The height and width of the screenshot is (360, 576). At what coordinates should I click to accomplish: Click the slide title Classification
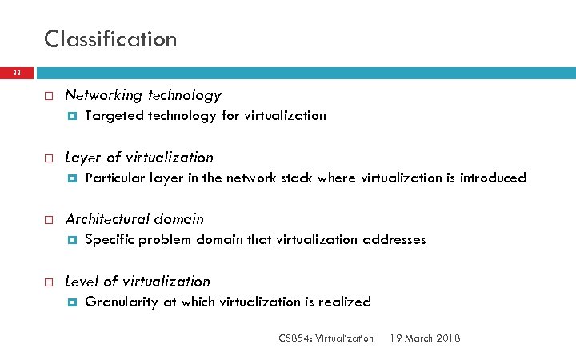pyautogui.click(x=110, y=38)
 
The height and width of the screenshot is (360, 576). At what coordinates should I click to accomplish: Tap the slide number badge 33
pyautogui.click(x=18, y=74)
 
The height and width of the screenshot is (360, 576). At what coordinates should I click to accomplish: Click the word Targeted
pyautogui.click(x=114, y=116)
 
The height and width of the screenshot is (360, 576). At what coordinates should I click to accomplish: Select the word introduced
pyautogui.click(x=493, y=178)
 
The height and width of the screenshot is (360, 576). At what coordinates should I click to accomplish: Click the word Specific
pyautogui.click(x=110, y=239)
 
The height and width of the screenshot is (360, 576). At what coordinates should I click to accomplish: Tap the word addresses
pyautogui.click(x=394, y=239)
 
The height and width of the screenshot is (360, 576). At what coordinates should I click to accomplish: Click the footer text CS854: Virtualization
pyautogui.click(x=326, y=338)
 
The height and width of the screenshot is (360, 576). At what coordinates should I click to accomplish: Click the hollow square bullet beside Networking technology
pyautogui.click(x=48, y=96)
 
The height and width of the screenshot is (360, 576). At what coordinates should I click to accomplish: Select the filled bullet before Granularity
pyautogui.click(x=72, y=302)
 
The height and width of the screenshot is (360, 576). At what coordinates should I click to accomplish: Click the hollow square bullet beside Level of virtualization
pyautogui.click(x=48, y=282)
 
